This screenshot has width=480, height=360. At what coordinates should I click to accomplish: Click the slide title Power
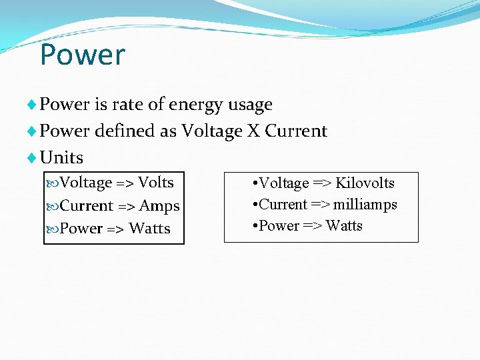coord(82,55)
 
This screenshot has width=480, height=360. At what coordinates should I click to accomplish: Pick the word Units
coord(62,157)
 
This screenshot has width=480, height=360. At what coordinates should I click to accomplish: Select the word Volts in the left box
coord(155,183)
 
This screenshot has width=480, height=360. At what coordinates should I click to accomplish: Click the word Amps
coord(159,206)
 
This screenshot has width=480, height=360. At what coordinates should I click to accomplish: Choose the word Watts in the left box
coord(150,229)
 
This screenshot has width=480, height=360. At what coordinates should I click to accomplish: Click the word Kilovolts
coord(365,183)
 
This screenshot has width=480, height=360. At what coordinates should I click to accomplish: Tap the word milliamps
coord(365,205)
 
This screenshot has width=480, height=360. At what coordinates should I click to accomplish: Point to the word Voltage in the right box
coord(283,183)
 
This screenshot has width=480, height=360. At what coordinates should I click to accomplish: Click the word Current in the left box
coord(87,206)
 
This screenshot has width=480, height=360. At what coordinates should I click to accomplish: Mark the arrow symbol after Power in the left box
coord(115,229)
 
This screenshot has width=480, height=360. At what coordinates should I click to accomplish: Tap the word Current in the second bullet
coord(296,131)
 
